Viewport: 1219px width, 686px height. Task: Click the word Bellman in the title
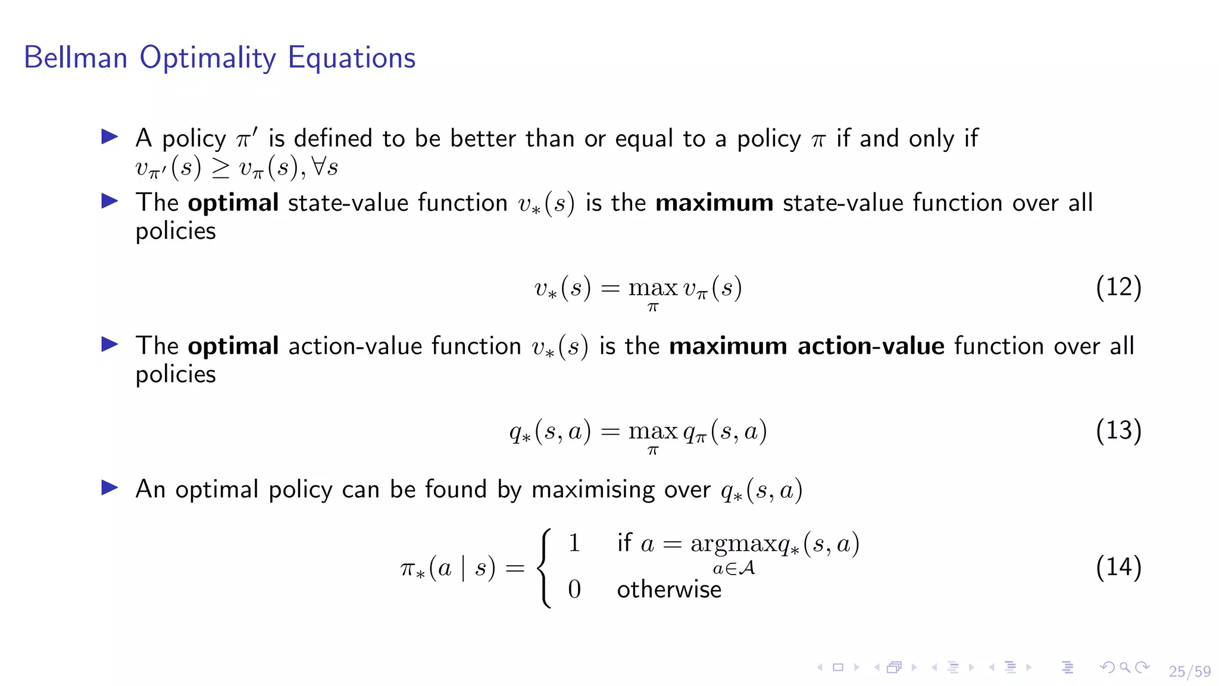76,58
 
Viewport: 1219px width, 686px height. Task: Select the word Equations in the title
351,58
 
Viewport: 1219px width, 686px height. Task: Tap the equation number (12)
1118,287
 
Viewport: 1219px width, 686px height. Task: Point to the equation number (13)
1118,431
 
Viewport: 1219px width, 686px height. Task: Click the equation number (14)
1118,567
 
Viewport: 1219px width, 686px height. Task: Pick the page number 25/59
1189,671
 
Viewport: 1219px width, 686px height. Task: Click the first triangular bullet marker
110,137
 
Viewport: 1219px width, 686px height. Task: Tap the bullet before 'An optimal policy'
110,488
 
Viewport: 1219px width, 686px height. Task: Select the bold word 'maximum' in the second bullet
714,203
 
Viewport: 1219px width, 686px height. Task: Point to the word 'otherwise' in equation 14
669,590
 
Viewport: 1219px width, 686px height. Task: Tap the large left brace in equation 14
544,568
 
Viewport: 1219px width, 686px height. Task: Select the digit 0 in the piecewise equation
574,590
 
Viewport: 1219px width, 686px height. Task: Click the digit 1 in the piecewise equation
574,543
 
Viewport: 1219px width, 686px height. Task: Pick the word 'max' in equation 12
653,288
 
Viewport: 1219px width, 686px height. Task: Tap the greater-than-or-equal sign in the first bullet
220,169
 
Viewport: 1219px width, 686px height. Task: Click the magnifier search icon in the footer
1124,668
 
